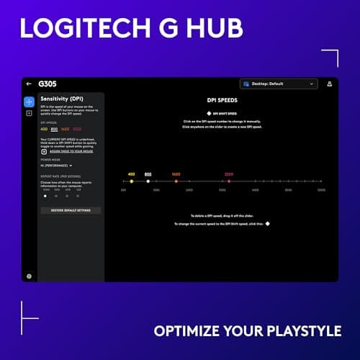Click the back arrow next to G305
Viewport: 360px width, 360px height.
point(29,84)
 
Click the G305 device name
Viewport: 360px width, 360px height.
point(45,84)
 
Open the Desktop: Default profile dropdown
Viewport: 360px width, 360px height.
point(279,84)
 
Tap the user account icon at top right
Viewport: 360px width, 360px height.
point(330,84)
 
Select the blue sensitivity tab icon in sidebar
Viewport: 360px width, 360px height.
point(29,102)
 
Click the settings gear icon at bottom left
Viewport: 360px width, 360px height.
point(29,276)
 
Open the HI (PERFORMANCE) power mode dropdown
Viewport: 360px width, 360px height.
point(58,166)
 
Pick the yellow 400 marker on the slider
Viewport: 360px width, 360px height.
point(131,181)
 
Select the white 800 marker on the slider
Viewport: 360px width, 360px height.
point(148,181)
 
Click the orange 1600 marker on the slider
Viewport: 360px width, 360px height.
point(176,181)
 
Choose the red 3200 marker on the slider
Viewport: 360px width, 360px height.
point(229,181)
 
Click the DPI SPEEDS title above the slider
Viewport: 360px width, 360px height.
point(222,101)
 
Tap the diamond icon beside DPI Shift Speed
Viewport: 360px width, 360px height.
point(209,113)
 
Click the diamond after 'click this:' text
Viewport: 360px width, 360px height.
point(268,224)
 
